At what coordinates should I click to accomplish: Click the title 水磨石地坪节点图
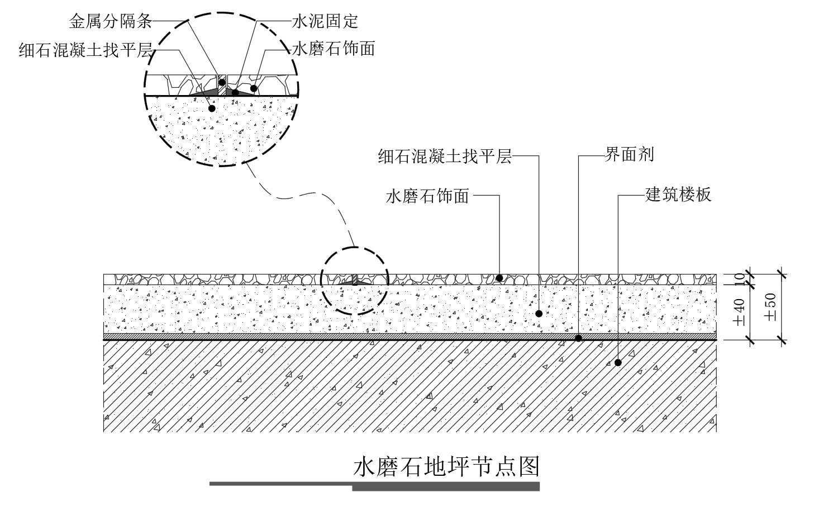point(446,467)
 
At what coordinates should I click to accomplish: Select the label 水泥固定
point(325,21)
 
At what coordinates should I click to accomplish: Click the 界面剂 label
point(629,154)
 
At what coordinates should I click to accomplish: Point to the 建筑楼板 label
point(679,195)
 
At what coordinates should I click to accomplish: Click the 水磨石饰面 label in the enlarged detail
point(333,49)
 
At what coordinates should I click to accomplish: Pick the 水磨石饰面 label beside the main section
point(427,197)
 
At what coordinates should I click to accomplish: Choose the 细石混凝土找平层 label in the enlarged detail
point(85,50)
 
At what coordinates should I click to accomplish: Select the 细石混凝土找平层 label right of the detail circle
point(445,156)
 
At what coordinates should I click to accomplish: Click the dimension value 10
point(739,279)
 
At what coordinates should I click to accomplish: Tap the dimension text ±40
point(739,312)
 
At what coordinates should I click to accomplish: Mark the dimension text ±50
point(771,306)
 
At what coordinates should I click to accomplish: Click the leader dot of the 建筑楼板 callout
point(618,363)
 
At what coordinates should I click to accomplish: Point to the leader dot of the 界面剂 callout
point(579,338)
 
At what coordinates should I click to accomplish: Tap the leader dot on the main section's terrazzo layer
point(499,278)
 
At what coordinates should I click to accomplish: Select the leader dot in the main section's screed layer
point(539,314)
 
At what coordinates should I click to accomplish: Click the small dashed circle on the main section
point(354,281)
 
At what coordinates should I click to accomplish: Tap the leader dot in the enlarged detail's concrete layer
point(212,108)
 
